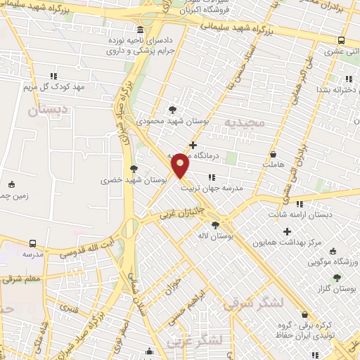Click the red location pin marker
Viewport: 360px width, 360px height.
click(x=181, y=165)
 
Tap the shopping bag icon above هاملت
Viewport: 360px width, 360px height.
click(x=273, y=153)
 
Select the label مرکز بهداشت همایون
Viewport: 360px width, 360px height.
click(x=288, y=243)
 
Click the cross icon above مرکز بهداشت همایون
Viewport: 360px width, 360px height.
click(x=287, y=231)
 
